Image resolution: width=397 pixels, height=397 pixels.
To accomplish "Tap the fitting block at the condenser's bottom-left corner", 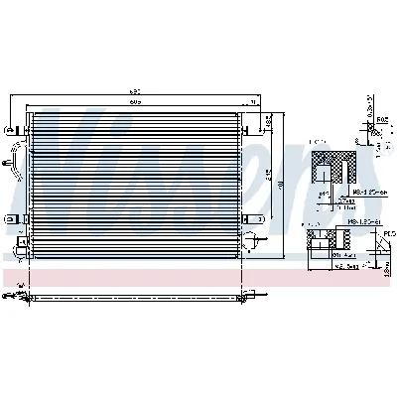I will [21, 245].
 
